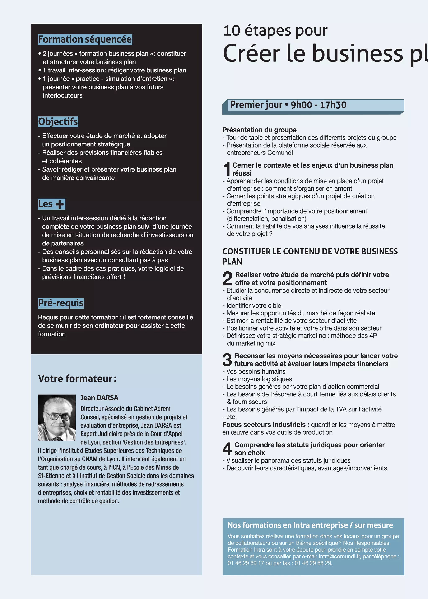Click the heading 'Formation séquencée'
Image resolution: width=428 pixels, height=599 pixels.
85,39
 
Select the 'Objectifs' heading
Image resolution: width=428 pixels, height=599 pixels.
58,122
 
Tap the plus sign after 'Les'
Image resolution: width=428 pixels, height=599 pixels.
60,204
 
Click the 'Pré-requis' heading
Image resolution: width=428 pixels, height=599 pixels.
61,303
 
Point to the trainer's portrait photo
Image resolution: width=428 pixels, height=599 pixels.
57,417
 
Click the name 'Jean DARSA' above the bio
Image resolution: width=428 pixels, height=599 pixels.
99,398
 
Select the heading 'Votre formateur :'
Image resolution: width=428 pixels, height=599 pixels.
77,379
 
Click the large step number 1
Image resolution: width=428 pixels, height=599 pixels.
227,169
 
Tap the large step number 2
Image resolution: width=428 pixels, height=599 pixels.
227,279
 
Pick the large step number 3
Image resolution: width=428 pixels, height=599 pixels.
227,360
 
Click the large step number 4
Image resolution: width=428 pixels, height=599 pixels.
227,449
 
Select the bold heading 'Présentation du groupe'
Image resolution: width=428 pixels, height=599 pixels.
259,130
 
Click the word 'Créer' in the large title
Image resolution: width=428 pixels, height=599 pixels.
251,53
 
